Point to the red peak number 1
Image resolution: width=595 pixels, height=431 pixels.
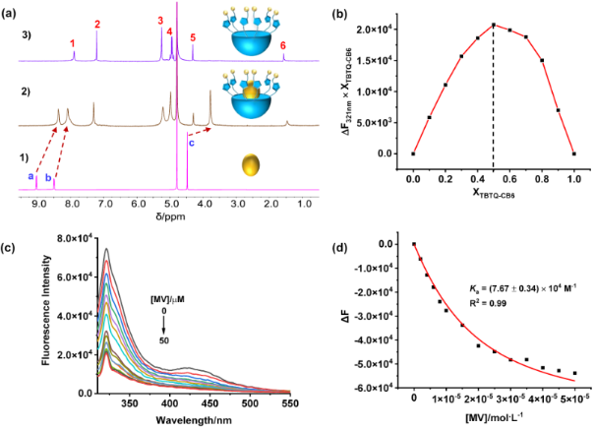tap(74, 44)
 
